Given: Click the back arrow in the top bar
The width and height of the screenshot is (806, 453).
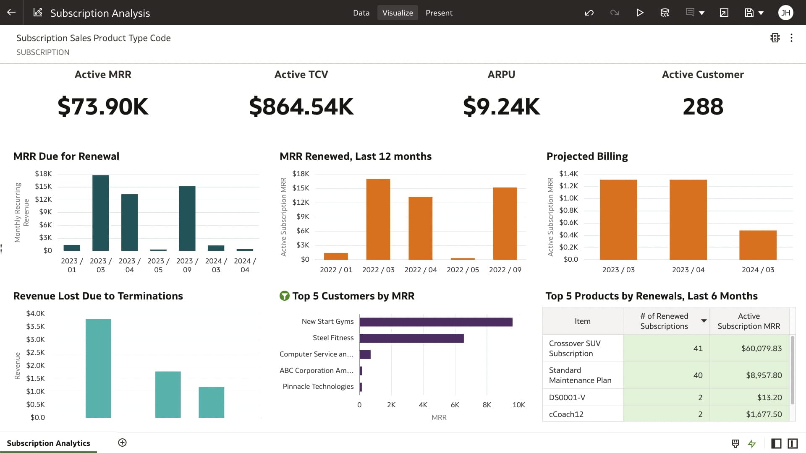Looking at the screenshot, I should click(11, 13).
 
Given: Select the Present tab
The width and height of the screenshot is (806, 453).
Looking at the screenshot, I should click(439, 13).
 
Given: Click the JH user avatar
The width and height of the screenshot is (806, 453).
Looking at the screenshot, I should click(785, 13).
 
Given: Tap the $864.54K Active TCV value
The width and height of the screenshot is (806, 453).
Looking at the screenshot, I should click(301, 107).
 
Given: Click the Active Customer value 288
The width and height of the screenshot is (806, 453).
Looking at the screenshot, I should click(703, 107).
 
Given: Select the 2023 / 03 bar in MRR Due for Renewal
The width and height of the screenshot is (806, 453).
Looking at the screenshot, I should click(100, 213).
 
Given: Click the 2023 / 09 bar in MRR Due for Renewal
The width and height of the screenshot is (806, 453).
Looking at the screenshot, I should click(187, 218).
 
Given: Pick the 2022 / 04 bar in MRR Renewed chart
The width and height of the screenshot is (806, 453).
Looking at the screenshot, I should click(420, 228).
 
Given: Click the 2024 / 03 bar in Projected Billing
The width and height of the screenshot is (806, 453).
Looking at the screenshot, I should click(758, 245).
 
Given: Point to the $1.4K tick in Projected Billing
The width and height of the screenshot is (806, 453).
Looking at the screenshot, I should click(568, 174).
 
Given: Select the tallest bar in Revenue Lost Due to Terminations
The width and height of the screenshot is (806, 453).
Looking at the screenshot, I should click(98, 368).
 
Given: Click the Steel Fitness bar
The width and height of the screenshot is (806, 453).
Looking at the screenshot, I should click(411, 338).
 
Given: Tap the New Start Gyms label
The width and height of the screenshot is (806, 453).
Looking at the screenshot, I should click(327, 321).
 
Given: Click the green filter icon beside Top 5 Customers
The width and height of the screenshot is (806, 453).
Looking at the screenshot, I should click(285, 296).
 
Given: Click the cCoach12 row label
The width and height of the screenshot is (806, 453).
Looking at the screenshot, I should click(566, 414).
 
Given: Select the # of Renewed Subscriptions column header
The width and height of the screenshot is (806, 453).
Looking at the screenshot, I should click(664, 321).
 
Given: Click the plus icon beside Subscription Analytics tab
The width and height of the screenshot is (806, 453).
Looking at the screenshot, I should click(122, 443).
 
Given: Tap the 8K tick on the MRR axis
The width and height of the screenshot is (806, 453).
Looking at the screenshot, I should click(487, 405).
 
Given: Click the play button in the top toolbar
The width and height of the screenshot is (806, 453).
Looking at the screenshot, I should click(639, 13).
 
